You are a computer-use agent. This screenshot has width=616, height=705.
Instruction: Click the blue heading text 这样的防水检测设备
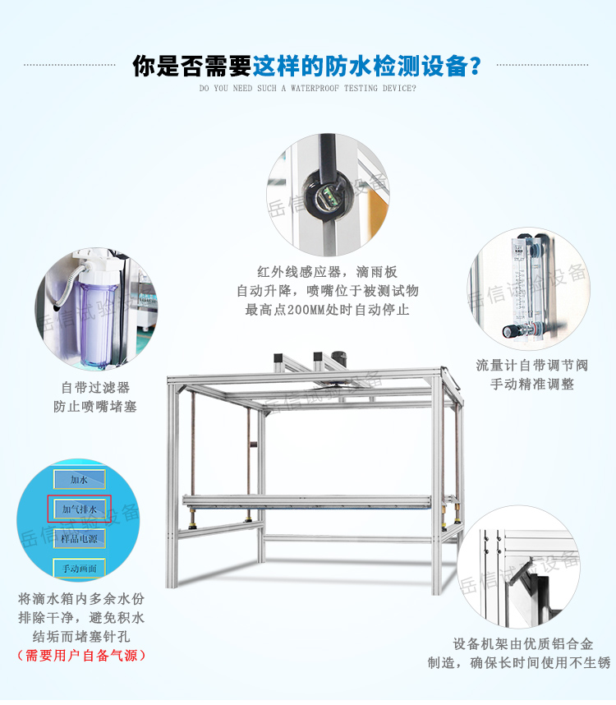point(366,65)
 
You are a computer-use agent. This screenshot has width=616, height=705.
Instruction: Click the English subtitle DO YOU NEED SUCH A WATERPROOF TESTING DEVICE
point(308,88)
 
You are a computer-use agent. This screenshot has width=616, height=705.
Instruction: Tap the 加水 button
point(80,479)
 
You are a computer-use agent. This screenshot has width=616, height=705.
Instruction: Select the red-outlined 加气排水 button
point(80,509)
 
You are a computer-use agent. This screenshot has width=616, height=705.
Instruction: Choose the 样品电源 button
point(80,538)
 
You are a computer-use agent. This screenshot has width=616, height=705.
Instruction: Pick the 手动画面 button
point(80,568)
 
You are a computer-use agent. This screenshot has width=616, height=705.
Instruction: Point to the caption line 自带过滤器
point(95,387)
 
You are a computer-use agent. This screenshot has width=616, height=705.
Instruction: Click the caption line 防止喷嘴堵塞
point(95,406)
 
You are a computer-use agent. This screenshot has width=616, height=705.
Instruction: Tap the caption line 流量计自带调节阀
point(532,365)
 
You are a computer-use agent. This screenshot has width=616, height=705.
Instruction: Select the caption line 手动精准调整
point(532,384)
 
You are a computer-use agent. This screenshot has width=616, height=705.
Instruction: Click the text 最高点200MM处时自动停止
point(327,310)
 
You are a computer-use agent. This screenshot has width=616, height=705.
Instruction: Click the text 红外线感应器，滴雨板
point(327,271)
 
